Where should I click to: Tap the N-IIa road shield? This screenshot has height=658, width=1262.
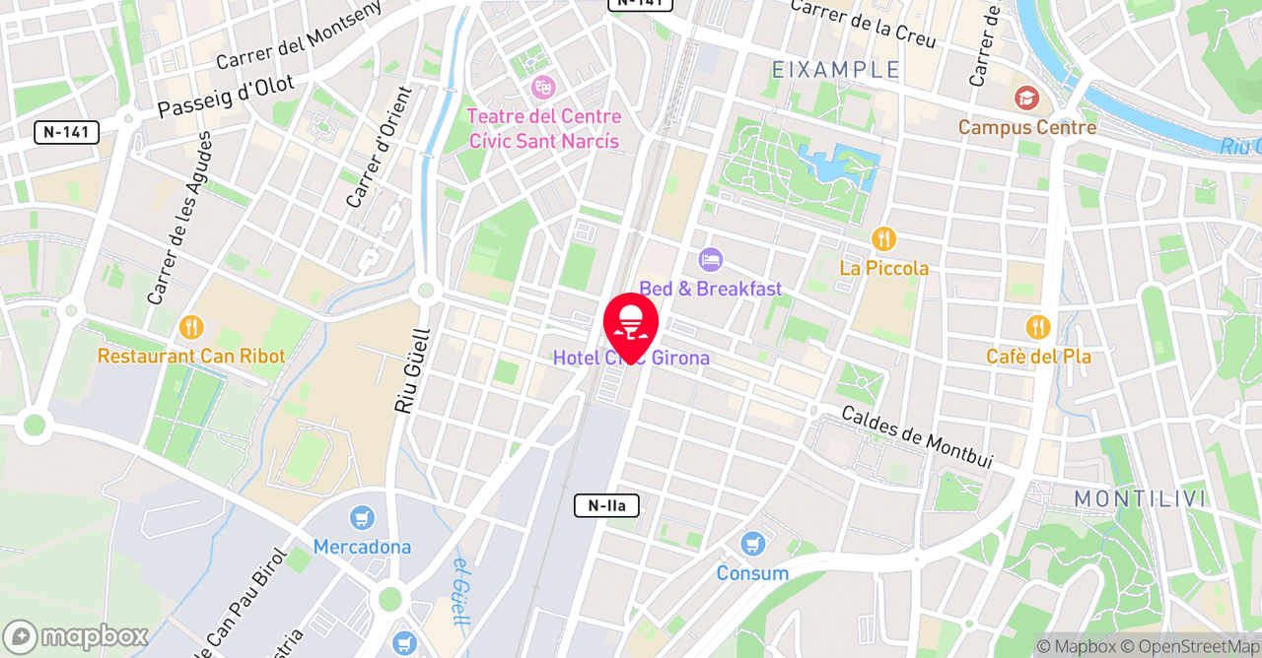point(606,506)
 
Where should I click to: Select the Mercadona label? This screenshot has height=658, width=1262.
point(362,547)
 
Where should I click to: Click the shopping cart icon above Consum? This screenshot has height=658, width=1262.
point(753,544)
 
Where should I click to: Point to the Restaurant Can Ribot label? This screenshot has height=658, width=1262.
point(190,357)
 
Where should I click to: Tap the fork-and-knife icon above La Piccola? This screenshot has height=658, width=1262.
point(883,238)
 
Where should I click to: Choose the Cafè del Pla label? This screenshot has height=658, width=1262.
point(1038,357)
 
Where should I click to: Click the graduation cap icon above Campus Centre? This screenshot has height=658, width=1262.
point(1026,99)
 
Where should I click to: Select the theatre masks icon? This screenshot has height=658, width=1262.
point(542,87)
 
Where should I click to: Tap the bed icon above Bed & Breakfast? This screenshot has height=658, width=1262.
point(710,260)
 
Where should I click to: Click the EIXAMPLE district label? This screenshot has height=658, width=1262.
point(836,70)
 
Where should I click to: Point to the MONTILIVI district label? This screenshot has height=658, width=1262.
point(1140,498)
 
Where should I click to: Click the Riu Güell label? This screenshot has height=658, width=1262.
point(407,370)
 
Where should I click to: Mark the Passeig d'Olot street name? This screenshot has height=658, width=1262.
point(226,97)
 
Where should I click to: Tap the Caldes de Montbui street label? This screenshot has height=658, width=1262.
point(916,436)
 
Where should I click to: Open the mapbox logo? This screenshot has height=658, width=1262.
point(76,636)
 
